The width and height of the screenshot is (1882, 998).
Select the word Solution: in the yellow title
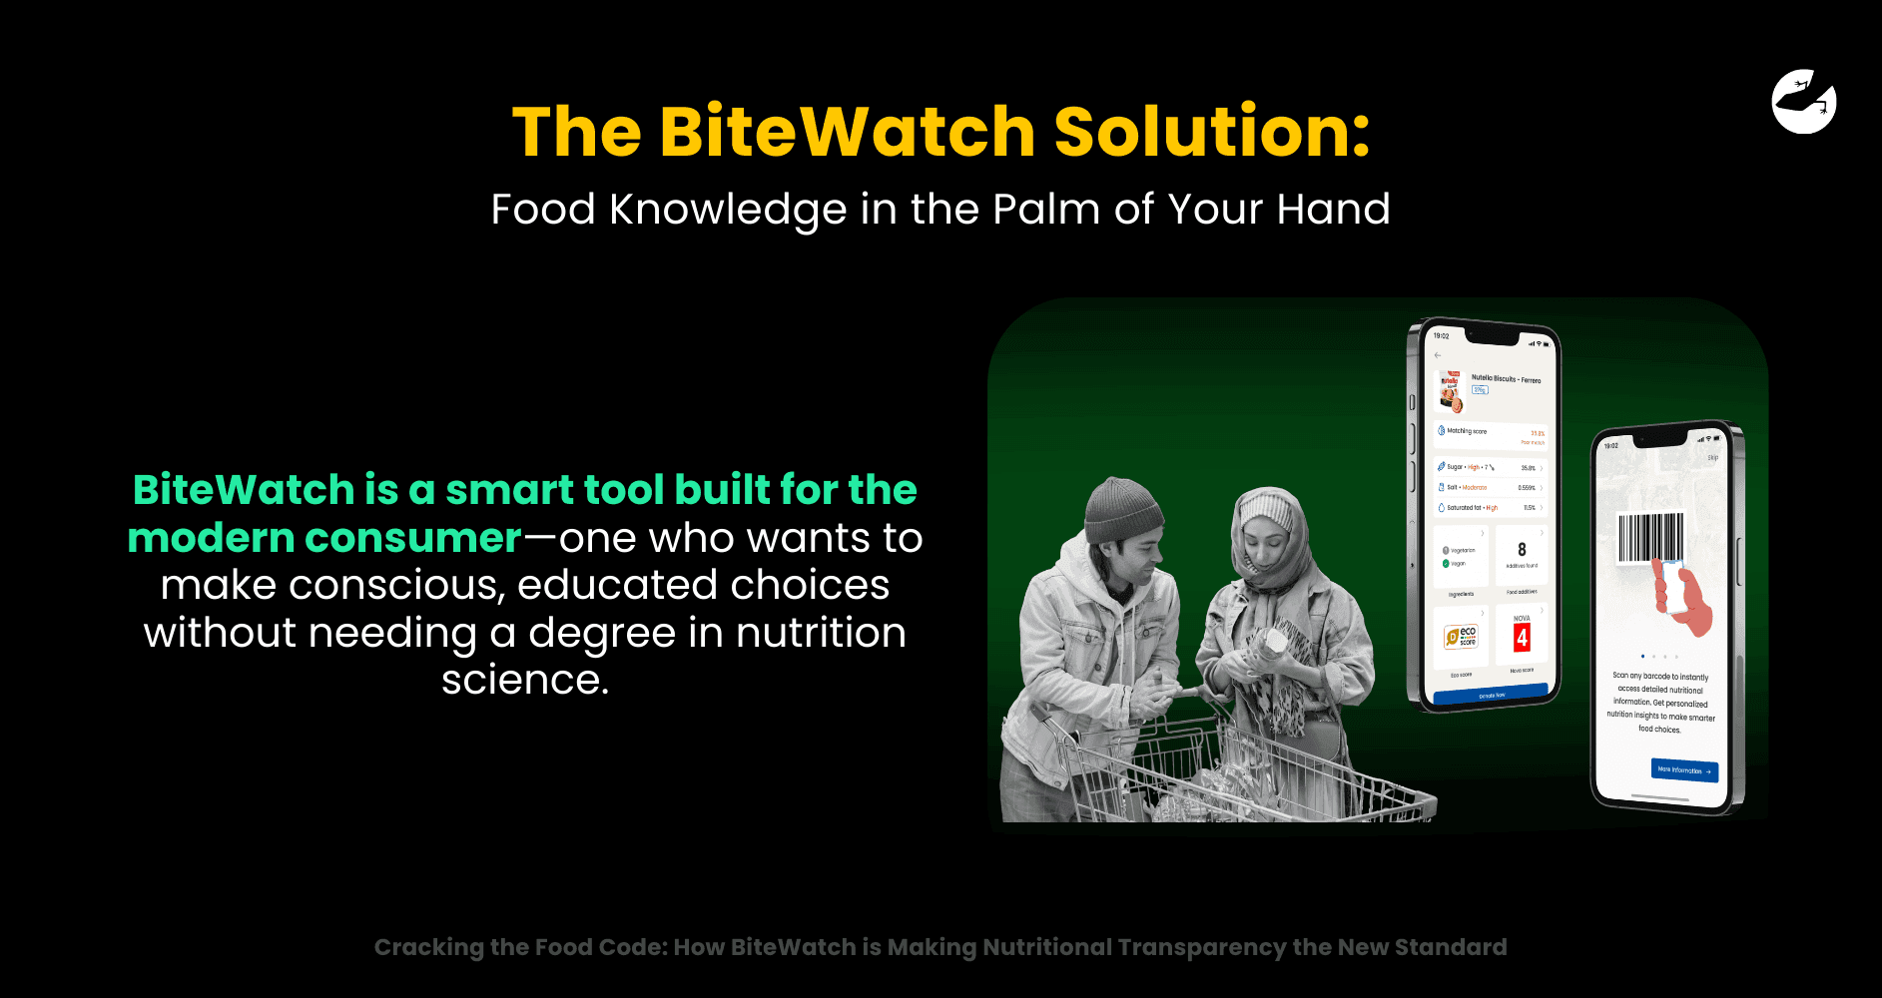(1212, 132)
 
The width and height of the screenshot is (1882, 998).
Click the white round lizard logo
(1804, 101)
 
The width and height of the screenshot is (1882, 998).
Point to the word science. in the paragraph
(525, 681)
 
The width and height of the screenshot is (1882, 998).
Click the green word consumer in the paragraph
(413, 538)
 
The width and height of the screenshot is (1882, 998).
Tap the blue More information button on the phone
(1684, 770)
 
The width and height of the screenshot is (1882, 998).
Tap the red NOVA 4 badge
(1522, 637)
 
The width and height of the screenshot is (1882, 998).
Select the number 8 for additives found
(1522, 550)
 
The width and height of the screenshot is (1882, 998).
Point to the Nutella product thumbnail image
(1450, 392)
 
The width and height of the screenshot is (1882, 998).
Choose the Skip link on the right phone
(1712, 458)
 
